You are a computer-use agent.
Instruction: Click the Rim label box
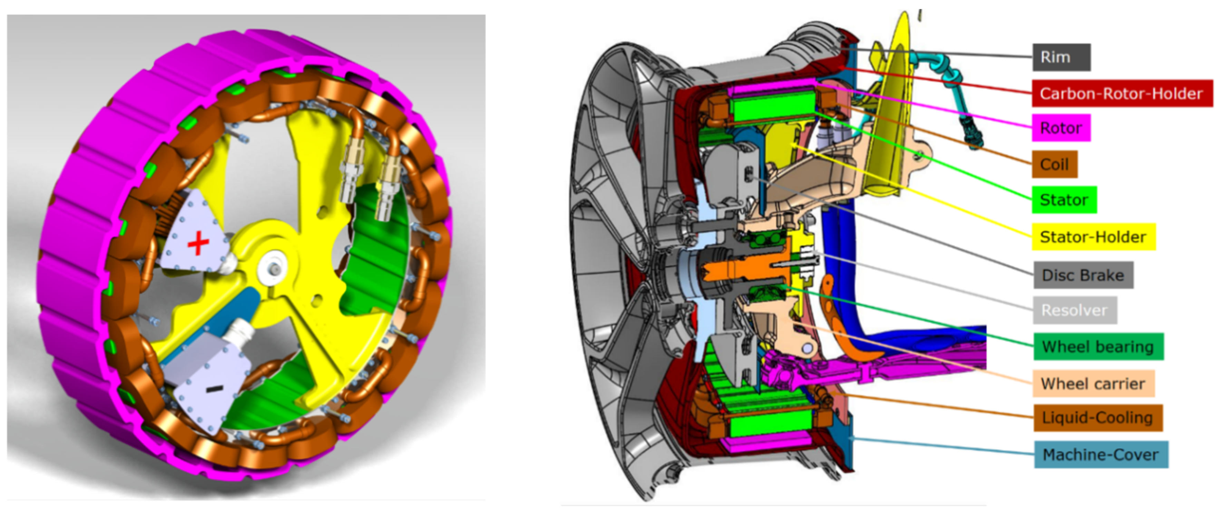(1061, 57)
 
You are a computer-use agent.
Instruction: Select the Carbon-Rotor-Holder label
(1122, 93)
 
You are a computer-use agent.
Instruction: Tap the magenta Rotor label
(1061, 128)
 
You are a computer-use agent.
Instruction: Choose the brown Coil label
(1055, 164)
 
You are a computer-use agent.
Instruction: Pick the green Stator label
(1064, 200)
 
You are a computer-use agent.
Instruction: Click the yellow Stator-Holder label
(1094, 237)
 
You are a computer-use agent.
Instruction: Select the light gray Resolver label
(1075, 310)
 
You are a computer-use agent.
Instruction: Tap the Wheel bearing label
(1098, 347)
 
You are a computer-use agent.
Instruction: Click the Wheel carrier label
(1094, 383)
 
